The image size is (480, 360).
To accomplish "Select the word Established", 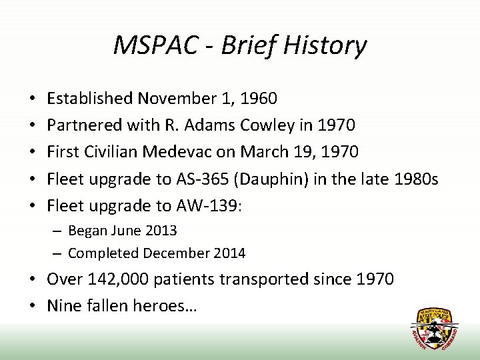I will tap(89, 99).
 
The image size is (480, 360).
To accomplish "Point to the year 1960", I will tap(258, 99).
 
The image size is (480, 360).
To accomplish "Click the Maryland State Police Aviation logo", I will tap(434, 329).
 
